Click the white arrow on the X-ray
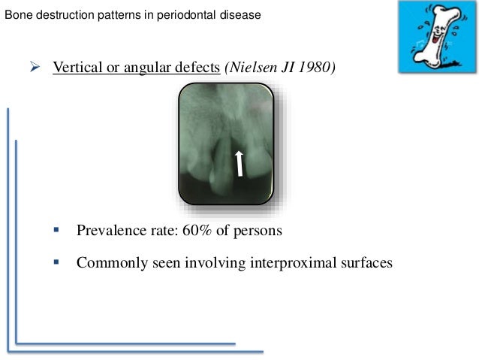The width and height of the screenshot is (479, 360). pos(239,162)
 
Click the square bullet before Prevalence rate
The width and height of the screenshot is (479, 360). pos(57,229)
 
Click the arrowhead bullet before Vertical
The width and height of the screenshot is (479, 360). pos(35,66)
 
